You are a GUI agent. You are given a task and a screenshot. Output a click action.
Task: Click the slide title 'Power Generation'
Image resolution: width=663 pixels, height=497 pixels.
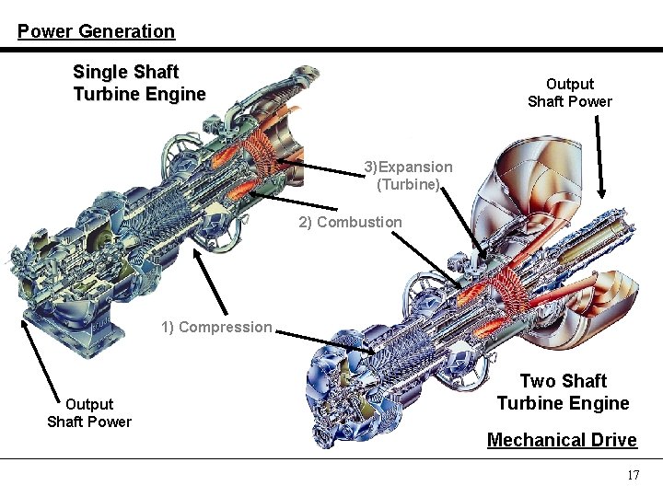click(x=96, y=31)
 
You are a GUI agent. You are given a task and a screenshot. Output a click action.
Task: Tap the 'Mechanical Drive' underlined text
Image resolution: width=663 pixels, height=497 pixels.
click(x=562, y=440)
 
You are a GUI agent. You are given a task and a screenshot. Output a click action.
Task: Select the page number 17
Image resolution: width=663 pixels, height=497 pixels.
click(x=633, y=476)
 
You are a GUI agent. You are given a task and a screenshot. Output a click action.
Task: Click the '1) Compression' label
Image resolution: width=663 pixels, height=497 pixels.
click(x=217, y=327)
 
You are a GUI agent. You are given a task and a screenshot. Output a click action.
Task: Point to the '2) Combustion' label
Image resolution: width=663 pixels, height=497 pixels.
click(x=350, y=222)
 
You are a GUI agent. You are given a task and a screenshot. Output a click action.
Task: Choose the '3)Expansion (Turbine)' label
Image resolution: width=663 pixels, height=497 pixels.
click(x=408, y=175)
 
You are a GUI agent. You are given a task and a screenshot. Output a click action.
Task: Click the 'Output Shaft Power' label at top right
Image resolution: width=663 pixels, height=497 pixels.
click(x=569, y=93)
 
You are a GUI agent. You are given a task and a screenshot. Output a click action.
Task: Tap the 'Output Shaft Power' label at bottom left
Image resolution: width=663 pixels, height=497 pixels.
click(x=89, y=412)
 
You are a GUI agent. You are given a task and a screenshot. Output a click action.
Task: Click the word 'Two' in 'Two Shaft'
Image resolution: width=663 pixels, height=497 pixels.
click(x=538, y=381)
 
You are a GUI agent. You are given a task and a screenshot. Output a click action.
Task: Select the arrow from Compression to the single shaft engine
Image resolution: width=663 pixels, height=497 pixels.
click(x=211, y=284)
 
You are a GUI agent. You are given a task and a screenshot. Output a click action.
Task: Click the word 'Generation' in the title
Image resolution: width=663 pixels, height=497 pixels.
click(x=126, y=31)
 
